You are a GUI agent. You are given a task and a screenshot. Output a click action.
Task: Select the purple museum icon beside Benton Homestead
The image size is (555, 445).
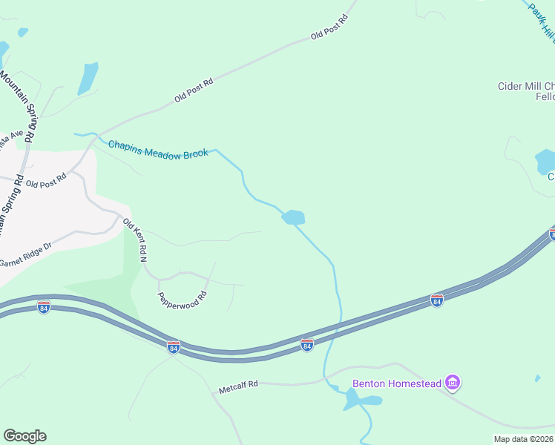[x=453, y=383]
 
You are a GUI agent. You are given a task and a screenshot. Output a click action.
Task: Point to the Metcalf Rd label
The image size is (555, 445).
[x=237, y=386]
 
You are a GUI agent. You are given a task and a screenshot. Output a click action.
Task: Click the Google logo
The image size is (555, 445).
[x=24, y=435]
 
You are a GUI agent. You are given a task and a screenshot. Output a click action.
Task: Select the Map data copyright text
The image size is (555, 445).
[x=524, y=439]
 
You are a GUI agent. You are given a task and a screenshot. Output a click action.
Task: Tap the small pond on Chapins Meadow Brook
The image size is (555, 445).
[x=293, y=217]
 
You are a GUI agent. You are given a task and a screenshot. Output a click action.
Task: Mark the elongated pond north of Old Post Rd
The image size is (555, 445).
[x=88, y=78]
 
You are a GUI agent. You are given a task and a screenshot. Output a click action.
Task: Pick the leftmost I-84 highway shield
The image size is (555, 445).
[x=44, y=307]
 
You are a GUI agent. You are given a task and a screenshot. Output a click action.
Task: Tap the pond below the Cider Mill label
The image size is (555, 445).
[x=545, y=161]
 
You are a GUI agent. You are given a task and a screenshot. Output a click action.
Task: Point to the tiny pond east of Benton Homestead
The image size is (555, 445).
[x=537, y=378]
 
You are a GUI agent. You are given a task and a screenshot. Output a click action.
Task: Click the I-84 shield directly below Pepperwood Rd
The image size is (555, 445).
[x=173, y=347]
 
